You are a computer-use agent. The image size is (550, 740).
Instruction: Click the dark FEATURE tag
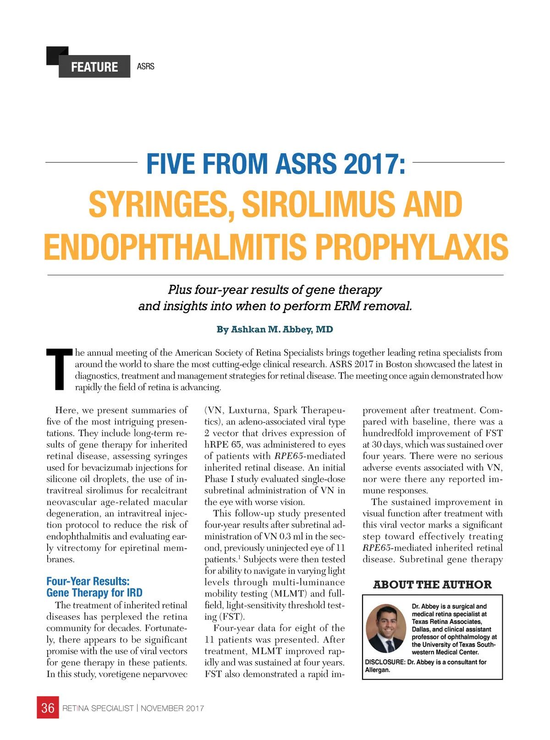tap(94, 67)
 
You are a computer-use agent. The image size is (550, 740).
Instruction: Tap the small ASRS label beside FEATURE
tap(146, 67)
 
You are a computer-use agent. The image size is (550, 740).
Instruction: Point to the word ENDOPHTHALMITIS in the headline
tap(175, 246)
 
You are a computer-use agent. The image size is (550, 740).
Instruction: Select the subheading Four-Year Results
tap(88, 581)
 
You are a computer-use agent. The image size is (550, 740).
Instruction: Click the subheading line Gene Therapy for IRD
tap(94, 593)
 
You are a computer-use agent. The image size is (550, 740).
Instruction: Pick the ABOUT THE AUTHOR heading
tap(432, 584)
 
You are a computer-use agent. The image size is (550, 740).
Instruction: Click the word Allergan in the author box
tap(378, 670)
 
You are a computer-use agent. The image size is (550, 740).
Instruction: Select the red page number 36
tap(48, 708)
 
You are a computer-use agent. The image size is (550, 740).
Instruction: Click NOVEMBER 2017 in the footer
tap(172, 708)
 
